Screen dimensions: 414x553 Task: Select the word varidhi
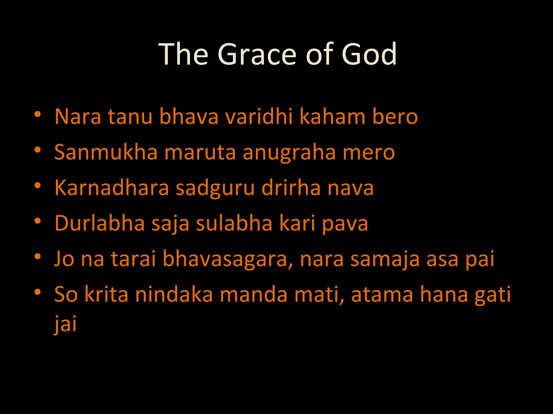click(x=259, y=116)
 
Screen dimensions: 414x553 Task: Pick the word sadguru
click(x=215, y=188)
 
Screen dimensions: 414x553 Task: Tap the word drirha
click(x=291, y=188)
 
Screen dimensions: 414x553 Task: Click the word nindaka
click(x=174, y=294)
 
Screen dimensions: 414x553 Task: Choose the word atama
click(x=382, y=294)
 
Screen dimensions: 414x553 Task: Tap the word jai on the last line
click(x=65, y=323)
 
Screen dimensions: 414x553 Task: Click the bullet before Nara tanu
click(x=38, y=114)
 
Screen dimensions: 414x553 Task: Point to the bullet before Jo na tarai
click(x=38, y=256)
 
